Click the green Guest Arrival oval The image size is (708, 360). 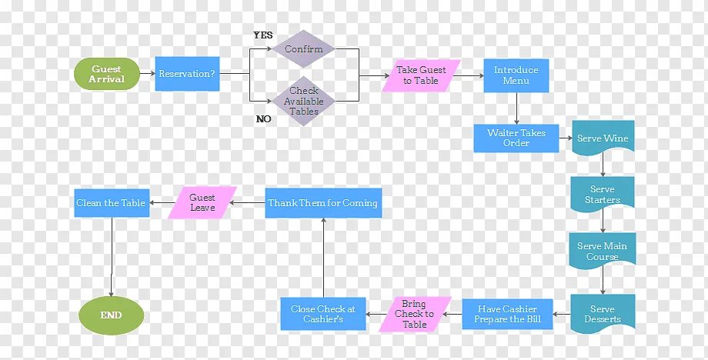(x=107, y=74)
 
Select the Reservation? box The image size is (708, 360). (x=187, y=74)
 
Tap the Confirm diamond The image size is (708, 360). (x=304, y=49)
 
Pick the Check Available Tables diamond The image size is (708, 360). (x=304, y=101)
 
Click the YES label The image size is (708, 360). (x=263, y=35)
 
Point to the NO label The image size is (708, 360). (x=263, y=119)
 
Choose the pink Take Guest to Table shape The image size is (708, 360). (x=421, y=75)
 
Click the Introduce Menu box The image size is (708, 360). (x=516, y=75)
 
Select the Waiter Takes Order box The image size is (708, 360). (x=516, y=138)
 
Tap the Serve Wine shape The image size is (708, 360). (x=603, y=138)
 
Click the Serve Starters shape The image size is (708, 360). (x=603, y=194)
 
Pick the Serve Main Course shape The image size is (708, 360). (x=603, y=251)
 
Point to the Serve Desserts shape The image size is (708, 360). (x=603, y=313)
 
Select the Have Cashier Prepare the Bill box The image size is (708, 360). (x=507, y=314)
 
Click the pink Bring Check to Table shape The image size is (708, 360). (x=414, y=314)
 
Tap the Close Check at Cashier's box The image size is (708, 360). (x=322, y=314)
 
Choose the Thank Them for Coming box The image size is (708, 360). (x=322, y=203)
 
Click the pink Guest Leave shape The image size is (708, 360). (x=202, y=202)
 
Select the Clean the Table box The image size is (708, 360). (x=111, y=203)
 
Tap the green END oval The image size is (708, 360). (x=111, y=315)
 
